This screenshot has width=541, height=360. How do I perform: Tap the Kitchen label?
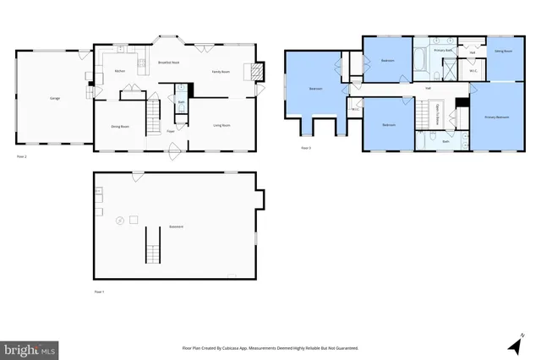click(120, 71)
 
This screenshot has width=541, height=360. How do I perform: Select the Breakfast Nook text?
click(168, 63)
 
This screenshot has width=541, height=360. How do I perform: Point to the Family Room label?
click(221, 73)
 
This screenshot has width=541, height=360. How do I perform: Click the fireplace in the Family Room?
click(251, 72)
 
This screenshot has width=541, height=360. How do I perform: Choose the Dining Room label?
click(120, 126)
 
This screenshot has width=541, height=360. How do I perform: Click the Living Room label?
click(222, 125)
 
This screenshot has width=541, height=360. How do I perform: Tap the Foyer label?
click(171, 131)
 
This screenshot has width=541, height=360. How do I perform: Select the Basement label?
click(175, 226)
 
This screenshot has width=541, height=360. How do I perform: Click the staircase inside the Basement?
click(153, 246)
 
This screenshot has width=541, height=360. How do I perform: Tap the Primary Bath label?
click(444, 51)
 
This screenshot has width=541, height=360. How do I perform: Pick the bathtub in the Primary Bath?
click(421, 61)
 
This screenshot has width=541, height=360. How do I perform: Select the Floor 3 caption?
click(306, 149)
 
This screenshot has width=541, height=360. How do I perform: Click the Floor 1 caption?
click(99, 292)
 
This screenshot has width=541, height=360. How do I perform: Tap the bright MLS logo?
click(29, 348)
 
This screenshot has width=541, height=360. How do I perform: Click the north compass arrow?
click(513, 345)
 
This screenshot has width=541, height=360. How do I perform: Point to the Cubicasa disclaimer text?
click(270, 347)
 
